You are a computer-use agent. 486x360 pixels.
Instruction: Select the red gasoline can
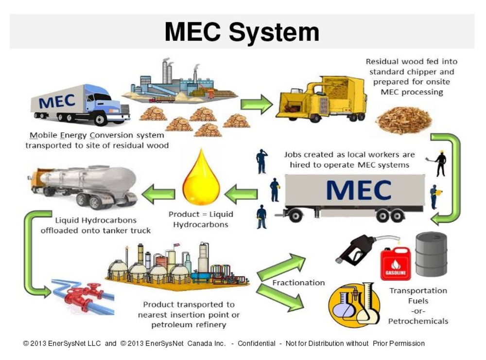pyautogui.click(x=395, y=263)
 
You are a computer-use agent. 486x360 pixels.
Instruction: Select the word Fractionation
pyautogui.click(x=298, y=283)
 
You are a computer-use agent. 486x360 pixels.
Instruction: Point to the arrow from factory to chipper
pyautogui.click(x=257, y=104)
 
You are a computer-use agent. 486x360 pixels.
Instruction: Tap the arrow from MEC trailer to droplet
pyautogui.click(x=241, y=194)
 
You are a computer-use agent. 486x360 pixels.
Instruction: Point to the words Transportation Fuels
pyautogui.click(x=418, y=296)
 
